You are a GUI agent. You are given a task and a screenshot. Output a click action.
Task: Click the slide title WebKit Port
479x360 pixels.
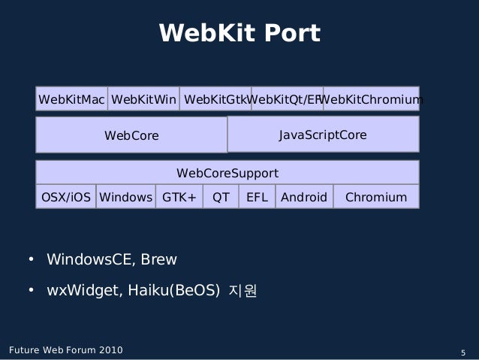pos(239,34)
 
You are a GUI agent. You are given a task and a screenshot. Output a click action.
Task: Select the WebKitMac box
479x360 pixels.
pos(71,98)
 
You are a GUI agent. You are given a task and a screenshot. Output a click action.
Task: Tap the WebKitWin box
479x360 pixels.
pos(143,98)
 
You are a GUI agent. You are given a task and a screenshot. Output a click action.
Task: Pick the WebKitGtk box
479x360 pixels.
pos(215,98)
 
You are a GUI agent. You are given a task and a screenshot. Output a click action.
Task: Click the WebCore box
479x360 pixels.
pos(131,135)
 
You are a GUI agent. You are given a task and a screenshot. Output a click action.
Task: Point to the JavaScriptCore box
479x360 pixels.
pos(323,135)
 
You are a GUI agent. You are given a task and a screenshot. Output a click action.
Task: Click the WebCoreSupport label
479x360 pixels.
pos(227,174)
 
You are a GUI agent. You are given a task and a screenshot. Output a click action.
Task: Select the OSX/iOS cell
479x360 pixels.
pos(66,198)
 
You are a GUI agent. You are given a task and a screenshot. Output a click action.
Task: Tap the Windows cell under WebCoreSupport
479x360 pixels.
pos(125,198)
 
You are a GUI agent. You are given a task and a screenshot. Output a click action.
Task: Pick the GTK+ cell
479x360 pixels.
pos(179,198)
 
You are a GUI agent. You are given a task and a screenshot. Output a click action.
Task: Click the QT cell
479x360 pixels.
pos(221,198)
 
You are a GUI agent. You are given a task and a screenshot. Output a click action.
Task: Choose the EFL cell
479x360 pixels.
pos(258,198)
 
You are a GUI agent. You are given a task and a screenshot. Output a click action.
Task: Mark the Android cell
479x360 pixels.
pos(304,198)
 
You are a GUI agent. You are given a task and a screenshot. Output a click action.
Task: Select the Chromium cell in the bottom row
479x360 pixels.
pos(375,198)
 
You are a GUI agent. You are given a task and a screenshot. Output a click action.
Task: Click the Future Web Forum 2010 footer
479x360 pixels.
pos(66,350)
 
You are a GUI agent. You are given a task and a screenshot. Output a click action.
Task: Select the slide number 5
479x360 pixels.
pos(463,352)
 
